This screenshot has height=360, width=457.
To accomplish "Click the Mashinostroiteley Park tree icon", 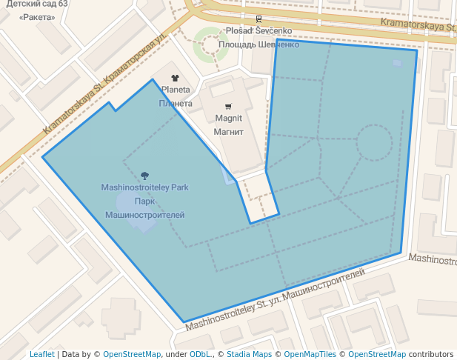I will tap(144, 176).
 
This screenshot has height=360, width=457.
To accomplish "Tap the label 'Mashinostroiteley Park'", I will tap(144, 188).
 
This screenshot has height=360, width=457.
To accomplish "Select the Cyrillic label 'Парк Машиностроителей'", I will tap(144, 208).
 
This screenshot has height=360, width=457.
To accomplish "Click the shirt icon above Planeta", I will tap(175, 77).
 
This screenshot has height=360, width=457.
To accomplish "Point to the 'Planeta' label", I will tap(176, 90).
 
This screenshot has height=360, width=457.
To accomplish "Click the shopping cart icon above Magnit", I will tap(228, 106).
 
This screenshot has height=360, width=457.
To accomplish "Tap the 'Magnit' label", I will tap(229, 119).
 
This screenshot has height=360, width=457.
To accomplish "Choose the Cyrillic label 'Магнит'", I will tap(229, 133).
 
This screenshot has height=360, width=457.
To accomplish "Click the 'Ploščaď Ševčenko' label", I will tap(259, 31).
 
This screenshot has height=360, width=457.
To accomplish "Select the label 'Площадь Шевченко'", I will tap(258, 44).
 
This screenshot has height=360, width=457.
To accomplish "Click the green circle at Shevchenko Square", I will tap(210, 45).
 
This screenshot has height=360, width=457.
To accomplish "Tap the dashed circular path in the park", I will tap(374, 142).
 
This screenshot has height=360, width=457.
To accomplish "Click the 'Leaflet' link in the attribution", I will tap(41, 354).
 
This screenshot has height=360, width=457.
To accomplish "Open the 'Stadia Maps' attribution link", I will tap(249, 354).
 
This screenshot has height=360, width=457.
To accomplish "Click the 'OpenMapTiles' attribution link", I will tap(310, 354).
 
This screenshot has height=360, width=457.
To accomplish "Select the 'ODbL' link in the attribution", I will tap(201, 354).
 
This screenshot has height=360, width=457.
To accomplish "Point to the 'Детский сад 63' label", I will tap(37, 4).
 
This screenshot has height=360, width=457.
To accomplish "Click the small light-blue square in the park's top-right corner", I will tap(397, 64).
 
